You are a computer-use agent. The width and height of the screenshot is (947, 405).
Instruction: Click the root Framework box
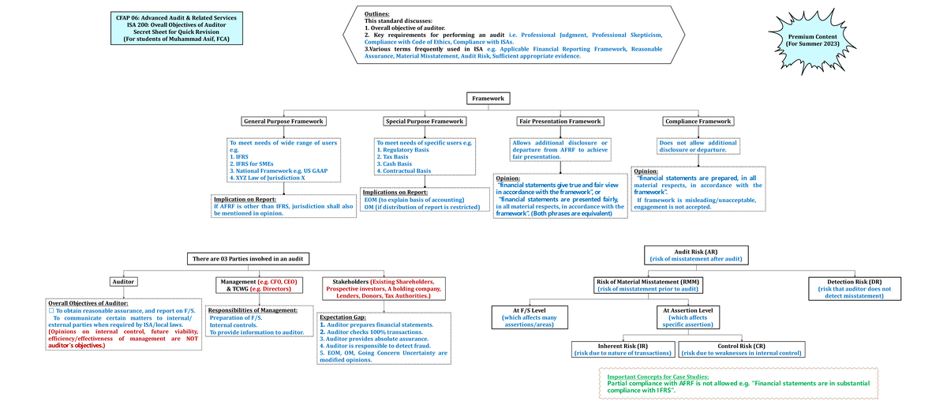tap(488, 99)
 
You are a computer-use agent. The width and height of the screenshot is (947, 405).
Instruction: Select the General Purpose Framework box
tap(284, 122)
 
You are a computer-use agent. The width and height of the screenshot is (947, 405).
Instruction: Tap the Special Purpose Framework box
tap(424, 122)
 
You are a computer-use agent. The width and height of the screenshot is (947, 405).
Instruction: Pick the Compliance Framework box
tap(698, 122)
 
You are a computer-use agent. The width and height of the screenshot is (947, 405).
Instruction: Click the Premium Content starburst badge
tap(813, 41)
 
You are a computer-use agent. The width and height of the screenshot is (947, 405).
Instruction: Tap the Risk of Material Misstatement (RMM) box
tap(647, 286)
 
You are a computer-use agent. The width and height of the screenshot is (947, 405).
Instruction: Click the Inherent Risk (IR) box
tap(623, 350)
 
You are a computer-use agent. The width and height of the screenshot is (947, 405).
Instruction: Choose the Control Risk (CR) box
tap(741, 350)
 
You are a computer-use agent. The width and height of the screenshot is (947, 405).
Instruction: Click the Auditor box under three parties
tap(124, 281)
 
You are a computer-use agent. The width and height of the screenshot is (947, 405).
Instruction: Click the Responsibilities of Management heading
tap(253, 310)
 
